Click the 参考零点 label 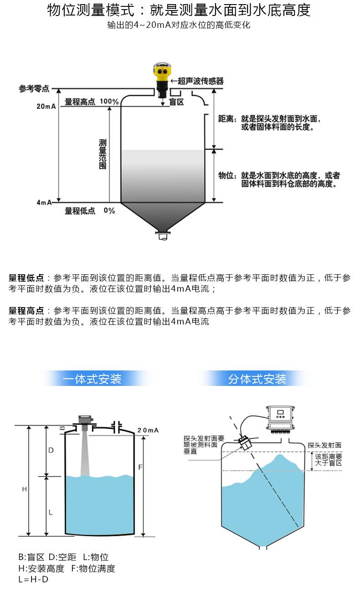pos(34,88)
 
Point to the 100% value pos(109,102)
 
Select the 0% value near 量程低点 pos(109,211)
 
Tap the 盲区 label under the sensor pos(176,102)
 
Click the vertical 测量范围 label pos(103,155)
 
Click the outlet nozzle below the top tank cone pos(162,236)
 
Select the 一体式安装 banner pos(93,379)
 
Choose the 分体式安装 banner pos(257,379)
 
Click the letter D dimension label pos(51,450)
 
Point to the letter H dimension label pos(25,489)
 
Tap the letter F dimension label pos(140,468)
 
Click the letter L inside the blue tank pos(51,512)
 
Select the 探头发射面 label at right pos(324,445)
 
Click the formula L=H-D pos(33,580)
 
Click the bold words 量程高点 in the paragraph pos(26,311)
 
